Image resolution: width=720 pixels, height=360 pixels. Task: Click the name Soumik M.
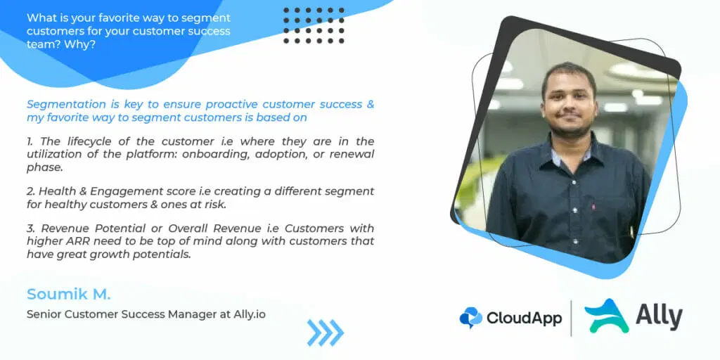(x=68, y=294)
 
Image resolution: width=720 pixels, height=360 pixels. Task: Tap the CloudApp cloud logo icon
(x=470, y=318)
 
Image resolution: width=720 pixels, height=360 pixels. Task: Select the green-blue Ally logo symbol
(x=607, y=316)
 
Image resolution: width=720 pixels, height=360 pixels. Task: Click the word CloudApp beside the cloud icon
(x=525, y=318)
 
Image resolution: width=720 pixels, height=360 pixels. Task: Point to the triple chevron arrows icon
(x=325, y=333)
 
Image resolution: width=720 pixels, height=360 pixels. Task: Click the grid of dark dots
(x=314, y=25)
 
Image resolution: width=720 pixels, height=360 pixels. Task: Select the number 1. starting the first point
(x=30, y=141)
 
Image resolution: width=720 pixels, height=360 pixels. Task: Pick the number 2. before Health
(x=31, y=191)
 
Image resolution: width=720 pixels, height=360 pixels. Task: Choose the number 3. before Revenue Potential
(x=31, y=229)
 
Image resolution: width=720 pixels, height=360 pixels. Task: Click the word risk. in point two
(x=217, y=205)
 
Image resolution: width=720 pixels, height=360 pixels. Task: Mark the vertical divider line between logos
(x=572, y=318)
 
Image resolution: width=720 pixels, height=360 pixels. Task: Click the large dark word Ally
(x=660, y=316)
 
